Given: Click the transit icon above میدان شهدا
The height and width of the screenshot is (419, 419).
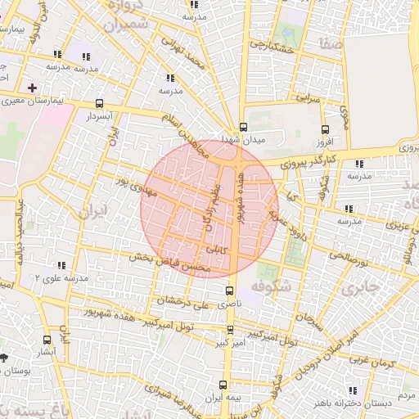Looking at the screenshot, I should coord(243,127).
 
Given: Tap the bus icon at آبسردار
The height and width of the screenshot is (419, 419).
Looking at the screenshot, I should coord(100,104).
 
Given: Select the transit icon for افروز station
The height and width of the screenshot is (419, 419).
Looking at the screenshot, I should coord(325,129).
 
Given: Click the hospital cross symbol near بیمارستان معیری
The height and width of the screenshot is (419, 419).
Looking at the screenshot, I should coord(32,88).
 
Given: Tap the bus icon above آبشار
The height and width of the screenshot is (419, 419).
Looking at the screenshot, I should coord(46,339).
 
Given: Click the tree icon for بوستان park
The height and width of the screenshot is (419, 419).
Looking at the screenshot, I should coord(7,358).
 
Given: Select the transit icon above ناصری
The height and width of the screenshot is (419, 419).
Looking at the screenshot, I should coord(230,291).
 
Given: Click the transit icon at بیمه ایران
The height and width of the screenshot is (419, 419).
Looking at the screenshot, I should coord(223,385).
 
